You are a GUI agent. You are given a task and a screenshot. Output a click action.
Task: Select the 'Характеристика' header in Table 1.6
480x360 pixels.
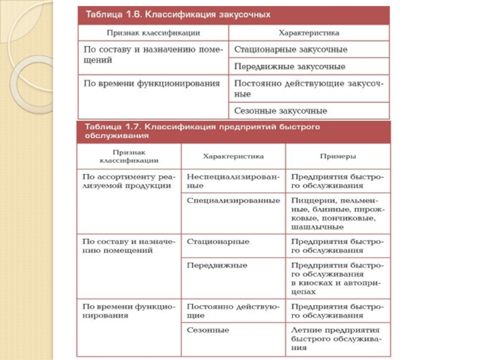[x=309, y=33]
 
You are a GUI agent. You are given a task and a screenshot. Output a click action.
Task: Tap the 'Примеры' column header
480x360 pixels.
[x=337, y=156]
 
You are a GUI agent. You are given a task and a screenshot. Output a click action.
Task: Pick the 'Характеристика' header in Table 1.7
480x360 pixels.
[x=233, y=156]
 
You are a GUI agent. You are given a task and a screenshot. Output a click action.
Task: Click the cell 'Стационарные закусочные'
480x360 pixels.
[x=290, y=49]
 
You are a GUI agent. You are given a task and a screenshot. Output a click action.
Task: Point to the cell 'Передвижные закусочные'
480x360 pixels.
[x=290, y=67]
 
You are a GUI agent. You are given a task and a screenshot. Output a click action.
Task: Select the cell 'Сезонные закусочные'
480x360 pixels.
[x=281, y=111]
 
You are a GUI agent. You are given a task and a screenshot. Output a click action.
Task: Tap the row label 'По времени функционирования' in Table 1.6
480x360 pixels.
[x=151, y=83]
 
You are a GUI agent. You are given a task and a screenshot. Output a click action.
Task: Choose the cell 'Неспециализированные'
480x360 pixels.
[x=233, y=181]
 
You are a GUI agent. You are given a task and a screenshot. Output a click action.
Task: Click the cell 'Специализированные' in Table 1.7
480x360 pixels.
[x=233, y=200]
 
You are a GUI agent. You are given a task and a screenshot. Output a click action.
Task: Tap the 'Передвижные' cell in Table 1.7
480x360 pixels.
[x=217, y=265]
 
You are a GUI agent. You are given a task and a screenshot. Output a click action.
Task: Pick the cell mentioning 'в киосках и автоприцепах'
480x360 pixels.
[x=337, y=277]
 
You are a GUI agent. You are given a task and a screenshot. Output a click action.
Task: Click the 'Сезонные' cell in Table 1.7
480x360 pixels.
[x=208, y=330]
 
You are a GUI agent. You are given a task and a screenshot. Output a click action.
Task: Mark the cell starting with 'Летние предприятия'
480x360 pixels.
[x=337, y=338]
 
